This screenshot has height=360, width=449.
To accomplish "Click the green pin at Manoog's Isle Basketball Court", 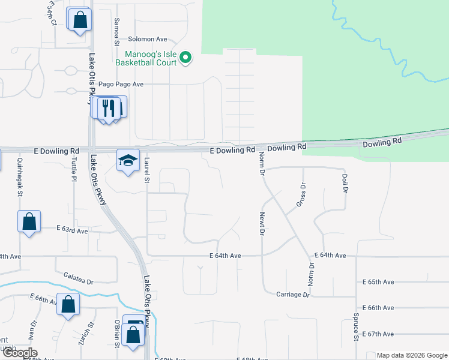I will click(x=185, y=58).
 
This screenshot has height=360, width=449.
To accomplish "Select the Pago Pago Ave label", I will click(x=121, y=85).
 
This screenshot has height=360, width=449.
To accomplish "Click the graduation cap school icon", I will click(x=127, y=160).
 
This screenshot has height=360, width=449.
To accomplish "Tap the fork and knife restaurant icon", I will click(x=109, y=108).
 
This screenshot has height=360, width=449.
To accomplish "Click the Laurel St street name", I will click(x=146, y=172).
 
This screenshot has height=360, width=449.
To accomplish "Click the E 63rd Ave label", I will click(x=73, y=230).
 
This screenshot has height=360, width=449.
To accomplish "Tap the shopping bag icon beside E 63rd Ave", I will click(x=29, y=222).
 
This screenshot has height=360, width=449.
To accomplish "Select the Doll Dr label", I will click(x=345, y=183).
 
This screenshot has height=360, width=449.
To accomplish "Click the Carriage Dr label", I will click(x=292, y=295).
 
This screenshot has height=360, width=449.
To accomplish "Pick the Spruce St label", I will click(x=356, y=327).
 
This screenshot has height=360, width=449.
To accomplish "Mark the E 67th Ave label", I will click(x=378, y=334).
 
